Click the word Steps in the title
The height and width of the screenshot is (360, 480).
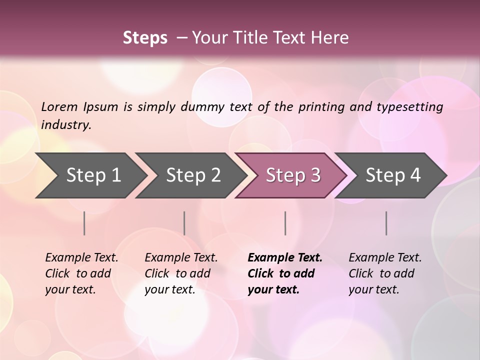(x=145, y=38)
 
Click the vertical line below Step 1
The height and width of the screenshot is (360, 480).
(x=84, y=223)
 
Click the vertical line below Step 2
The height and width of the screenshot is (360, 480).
(x=184, y=223)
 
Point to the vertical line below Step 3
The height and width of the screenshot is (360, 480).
(x=285, y=223)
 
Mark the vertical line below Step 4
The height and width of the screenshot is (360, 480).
(x=386, y=223)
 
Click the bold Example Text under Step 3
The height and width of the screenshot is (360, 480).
(x=285, y=258)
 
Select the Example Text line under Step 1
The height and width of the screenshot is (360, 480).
(x=81, y=258)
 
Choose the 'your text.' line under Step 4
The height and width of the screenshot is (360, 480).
(x=373, y=289)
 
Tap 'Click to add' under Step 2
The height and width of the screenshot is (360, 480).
(x=177, y=273)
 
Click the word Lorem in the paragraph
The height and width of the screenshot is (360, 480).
(x=59, y=106)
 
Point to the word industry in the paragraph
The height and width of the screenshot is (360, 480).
(x=66, y=124)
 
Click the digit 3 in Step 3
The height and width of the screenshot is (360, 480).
(x=315, y=175)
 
